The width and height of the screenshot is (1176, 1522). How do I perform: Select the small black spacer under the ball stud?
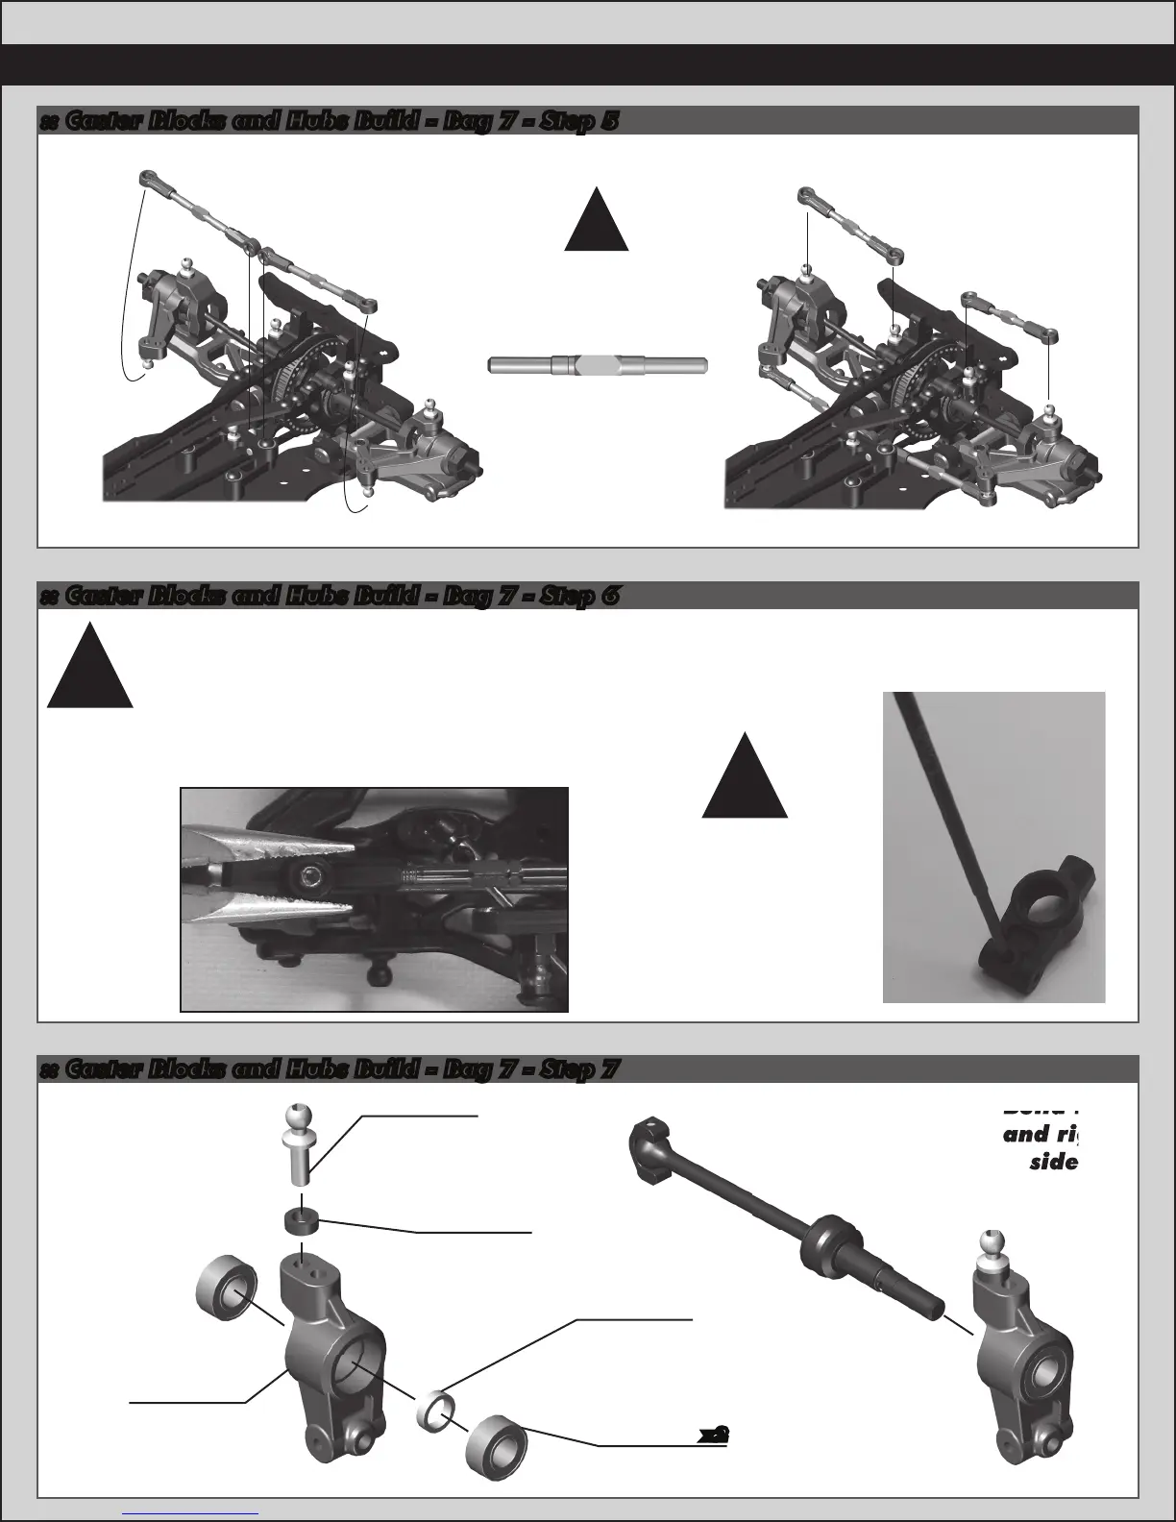pos(302,1222)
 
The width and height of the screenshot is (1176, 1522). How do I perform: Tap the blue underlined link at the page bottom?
pos(191,1513)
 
